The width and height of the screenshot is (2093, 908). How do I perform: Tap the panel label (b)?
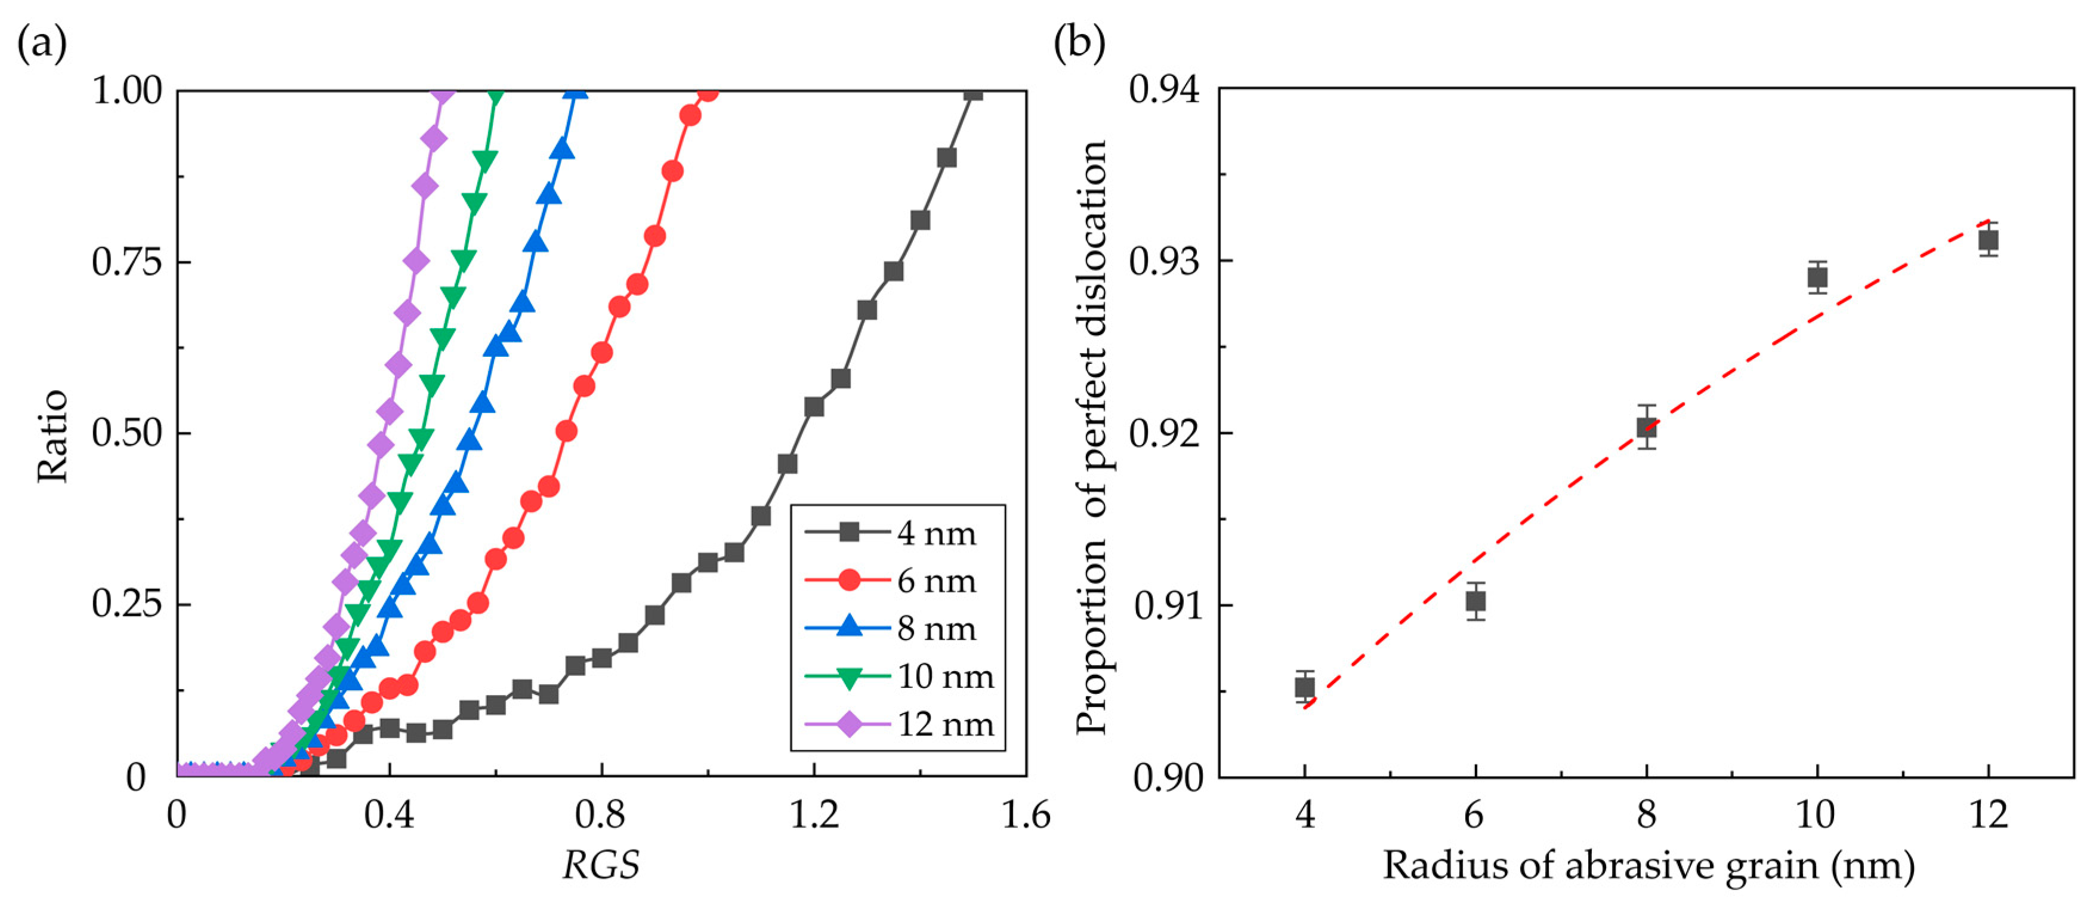click(1079, 42)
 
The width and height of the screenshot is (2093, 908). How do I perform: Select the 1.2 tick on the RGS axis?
click(814, 814)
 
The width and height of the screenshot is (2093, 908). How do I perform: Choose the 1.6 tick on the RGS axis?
click(1026, 814)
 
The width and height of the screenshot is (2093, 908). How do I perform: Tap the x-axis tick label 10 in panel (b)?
click(1815, 814)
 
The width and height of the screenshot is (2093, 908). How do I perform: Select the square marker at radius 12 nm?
click(1988, 240)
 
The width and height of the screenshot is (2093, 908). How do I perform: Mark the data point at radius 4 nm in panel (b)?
click(1304, 687)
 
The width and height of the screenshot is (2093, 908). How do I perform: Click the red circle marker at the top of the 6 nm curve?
click(708, 92)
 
